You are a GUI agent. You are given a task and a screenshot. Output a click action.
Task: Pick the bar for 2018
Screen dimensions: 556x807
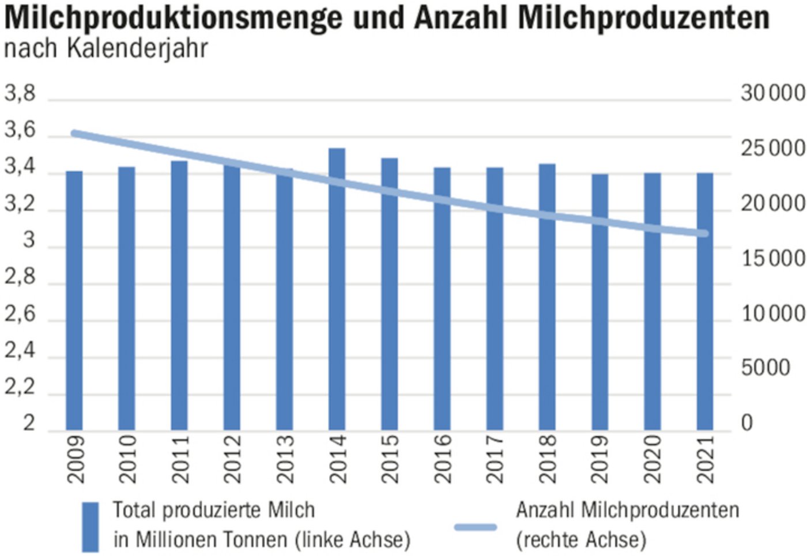coord(547,297)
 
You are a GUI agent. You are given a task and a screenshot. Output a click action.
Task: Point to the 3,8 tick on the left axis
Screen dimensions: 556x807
coord(20,93)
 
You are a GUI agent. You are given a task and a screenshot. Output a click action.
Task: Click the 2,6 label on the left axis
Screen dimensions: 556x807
coord(20,314)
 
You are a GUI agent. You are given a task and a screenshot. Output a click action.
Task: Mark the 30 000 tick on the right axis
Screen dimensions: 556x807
coord(772,93)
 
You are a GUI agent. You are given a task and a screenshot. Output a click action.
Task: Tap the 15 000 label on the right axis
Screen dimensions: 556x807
coord(772,259)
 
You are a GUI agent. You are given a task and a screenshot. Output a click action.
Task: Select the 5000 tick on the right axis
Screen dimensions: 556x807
coord(765,368)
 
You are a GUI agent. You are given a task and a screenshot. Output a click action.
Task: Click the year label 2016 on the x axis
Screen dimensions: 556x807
coord(443,459)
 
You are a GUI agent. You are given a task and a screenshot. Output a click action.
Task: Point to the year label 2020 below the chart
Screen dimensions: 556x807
coord(653,459)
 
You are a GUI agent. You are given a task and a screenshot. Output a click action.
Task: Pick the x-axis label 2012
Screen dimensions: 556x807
coord(232,459)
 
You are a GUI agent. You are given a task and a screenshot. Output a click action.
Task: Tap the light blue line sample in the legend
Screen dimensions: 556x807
coord(476,527)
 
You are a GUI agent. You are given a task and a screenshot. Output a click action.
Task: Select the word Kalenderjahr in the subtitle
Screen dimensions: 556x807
coord(137,48)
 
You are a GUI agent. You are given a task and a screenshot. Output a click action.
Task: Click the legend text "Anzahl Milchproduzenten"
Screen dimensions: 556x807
coord(627,510)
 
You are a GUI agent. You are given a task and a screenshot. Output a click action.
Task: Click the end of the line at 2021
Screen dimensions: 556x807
coord(704,233)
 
